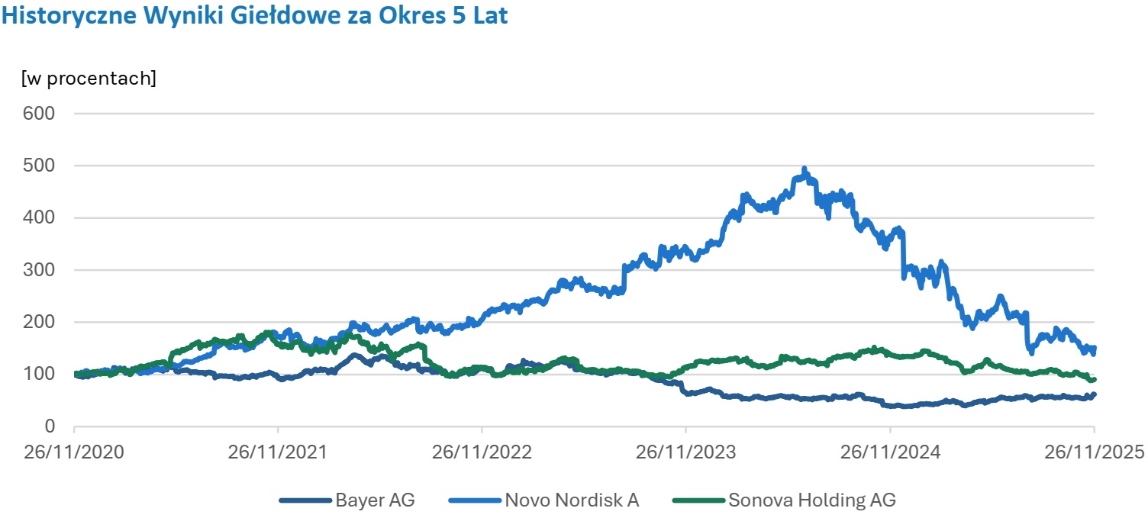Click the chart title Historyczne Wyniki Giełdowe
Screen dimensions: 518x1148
[254, 16]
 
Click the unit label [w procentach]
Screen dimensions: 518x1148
[89, 78]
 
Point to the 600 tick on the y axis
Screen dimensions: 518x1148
[41, 114]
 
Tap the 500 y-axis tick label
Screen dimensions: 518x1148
[41, 166]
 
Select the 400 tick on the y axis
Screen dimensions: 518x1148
[41, 217]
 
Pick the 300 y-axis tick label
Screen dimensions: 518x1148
[41, 270]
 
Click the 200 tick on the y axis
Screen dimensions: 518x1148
[41, 322]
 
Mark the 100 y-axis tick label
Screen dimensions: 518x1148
[41, 374]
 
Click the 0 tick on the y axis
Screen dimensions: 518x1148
[50, 426]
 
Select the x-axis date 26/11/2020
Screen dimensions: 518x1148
[74, 452]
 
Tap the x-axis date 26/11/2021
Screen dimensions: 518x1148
[278, 452]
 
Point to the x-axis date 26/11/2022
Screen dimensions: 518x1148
[482, 452]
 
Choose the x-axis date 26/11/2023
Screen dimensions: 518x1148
[685, 452]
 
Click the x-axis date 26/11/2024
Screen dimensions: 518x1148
[889, 452]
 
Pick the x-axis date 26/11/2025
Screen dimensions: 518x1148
[1094, 452]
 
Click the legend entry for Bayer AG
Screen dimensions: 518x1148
[374, 500]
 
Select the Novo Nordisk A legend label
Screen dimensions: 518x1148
[571, 500]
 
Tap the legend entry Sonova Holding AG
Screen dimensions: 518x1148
[811, 500]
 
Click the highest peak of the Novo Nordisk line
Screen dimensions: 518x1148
[805, 169]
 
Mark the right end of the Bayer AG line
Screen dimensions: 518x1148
[1093, 395]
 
